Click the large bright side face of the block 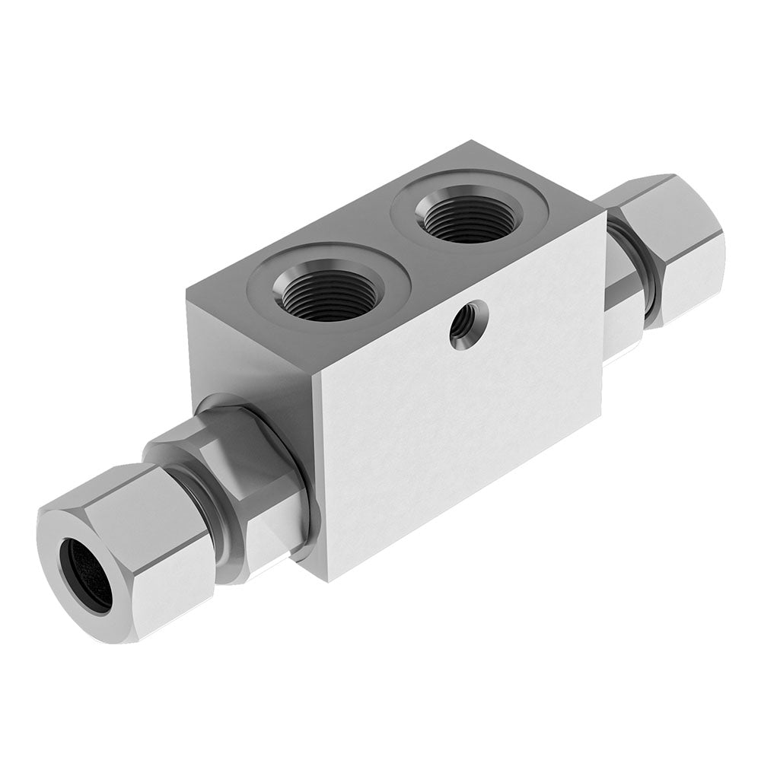click(457, 426)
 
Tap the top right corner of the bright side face click(606, 213)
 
